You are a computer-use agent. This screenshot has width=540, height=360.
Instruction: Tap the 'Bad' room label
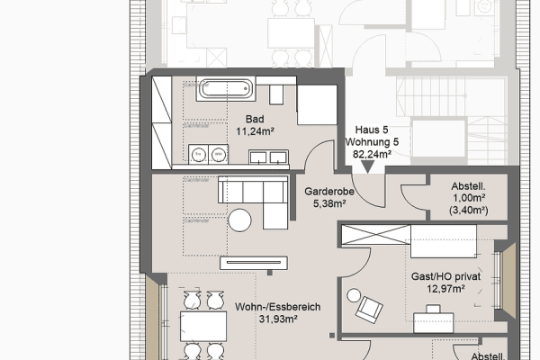(x=255, y=118)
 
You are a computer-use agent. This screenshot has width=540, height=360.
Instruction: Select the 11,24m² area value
(x=255, y=130)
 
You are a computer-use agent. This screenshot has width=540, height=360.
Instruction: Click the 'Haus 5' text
(x=373, y=130)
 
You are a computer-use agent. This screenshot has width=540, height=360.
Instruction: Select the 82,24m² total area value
(x=373, y=155)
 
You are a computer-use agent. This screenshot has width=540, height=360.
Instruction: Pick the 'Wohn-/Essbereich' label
(x=278, y=307)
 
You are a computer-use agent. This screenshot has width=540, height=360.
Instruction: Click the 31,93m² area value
(x=278, y=319)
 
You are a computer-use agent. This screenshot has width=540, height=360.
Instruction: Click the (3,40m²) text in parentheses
(x=468, y=211)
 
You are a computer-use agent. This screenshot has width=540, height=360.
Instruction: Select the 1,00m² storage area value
(x=468, y=199)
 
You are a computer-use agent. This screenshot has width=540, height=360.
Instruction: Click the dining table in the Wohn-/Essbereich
(x=202, y=323)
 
